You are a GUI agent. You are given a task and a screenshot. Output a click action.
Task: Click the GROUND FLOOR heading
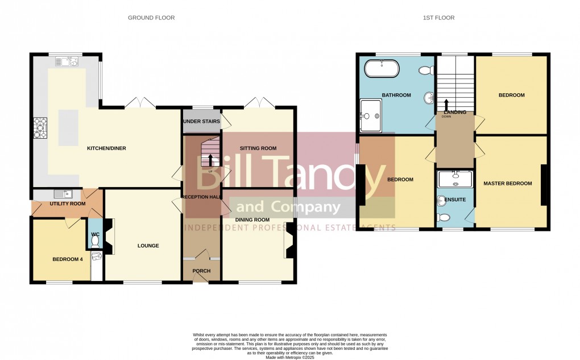pos(151,18)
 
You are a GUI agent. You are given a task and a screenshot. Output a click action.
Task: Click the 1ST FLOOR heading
pos(438,18)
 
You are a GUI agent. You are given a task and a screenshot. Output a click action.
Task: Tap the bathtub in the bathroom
pos(382,69)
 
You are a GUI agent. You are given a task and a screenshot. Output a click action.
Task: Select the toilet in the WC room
pos(94,241)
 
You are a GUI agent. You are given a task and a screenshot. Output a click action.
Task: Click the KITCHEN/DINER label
pos(106,148)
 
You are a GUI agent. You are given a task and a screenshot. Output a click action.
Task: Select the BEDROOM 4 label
pos(68,259)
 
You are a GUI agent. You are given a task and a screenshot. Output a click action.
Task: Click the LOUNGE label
pos(148,246)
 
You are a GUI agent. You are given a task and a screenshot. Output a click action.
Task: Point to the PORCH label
pos(201,271)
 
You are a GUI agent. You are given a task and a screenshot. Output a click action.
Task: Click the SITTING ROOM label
pos(258,148)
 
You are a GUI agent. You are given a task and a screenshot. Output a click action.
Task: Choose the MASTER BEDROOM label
pos(507,184)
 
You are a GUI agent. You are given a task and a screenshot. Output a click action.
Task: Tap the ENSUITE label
pos(456,200)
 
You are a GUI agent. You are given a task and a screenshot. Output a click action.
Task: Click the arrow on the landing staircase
pos(446,104)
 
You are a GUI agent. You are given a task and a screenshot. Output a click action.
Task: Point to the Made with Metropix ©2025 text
pos(290,357)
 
